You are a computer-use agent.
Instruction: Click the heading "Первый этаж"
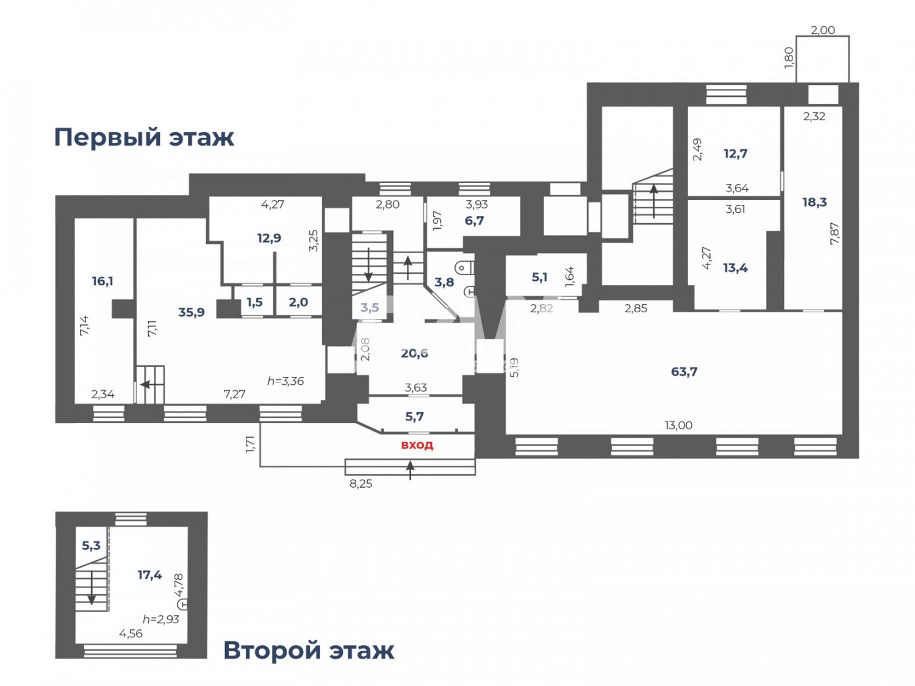coord(144,137)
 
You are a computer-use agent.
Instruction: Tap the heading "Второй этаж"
coord(309,651)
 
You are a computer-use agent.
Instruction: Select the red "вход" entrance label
coord(417,445)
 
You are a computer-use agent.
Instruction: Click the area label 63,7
coord(684,371)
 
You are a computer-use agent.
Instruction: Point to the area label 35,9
coord(191,312)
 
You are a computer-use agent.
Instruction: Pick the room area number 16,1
coord(102,281)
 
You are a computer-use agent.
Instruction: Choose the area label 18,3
coord(814,202)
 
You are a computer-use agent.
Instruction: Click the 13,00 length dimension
coord(678,425)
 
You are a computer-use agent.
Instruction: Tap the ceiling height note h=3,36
coord(285,381)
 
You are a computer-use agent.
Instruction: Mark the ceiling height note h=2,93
coord(161,619)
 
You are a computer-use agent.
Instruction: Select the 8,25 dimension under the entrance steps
coord(361,484)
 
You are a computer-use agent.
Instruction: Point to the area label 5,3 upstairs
coord(91,545)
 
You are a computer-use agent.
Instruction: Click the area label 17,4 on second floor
coord(149,574)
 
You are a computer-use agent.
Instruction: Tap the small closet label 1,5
coord(255,302)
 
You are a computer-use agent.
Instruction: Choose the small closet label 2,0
coord(298,302)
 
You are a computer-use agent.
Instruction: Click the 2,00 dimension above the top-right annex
coord(822,30)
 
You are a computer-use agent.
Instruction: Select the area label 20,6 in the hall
coord(414,353)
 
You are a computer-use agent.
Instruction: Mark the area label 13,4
coord(735,268)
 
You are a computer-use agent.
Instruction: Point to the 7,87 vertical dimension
coord(834,234)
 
